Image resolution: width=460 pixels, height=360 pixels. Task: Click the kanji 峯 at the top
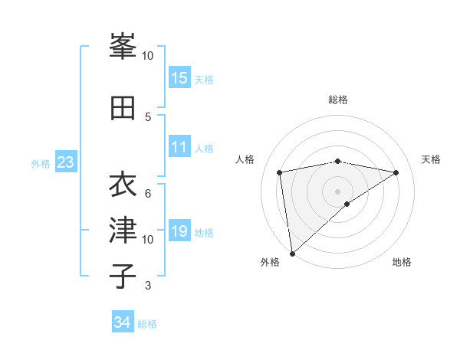[x=123, y=47]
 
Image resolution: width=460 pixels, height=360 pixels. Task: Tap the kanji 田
[x=123, y=108]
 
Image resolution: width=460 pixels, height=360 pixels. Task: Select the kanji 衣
[x=123, y=185]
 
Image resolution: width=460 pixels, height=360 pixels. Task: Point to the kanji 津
[x=123, y=231]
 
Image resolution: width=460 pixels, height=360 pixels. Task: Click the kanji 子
[x=123, y=276]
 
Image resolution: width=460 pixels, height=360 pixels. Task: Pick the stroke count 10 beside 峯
[x=148, y=56]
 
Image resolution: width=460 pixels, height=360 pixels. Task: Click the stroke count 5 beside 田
[x=148, y=116]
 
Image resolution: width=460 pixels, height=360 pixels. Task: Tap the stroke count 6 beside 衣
[x=148, y=193]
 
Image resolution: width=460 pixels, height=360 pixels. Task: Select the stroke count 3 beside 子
[x=148, y=286]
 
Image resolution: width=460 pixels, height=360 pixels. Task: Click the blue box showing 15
[x=179, y=78]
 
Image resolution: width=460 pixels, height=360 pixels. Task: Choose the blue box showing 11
[x=179, y=147]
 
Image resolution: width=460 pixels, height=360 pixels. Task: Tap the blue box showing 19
[x=179, y=231]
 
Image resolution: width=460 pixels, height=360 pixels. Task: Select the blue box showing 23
[x=65, y=162]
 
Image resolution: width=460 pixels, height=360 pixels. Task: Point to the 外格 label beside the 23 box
[x=41, y=163]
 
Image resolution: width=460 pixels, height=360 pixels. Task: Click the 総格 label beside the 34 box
[x=147, y=323]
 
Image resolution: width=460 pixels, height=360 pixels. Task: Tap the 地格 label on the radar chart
[x=402, y=262]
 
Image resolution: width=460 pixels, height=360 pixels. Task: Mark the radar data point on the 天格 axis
[x=396, y=173]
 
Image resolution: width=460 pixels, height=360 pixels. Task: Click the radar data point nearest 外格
[x=291, y=253]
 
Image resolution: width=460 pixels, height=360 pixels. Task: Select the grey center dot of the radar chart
[x=337, y=191]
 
